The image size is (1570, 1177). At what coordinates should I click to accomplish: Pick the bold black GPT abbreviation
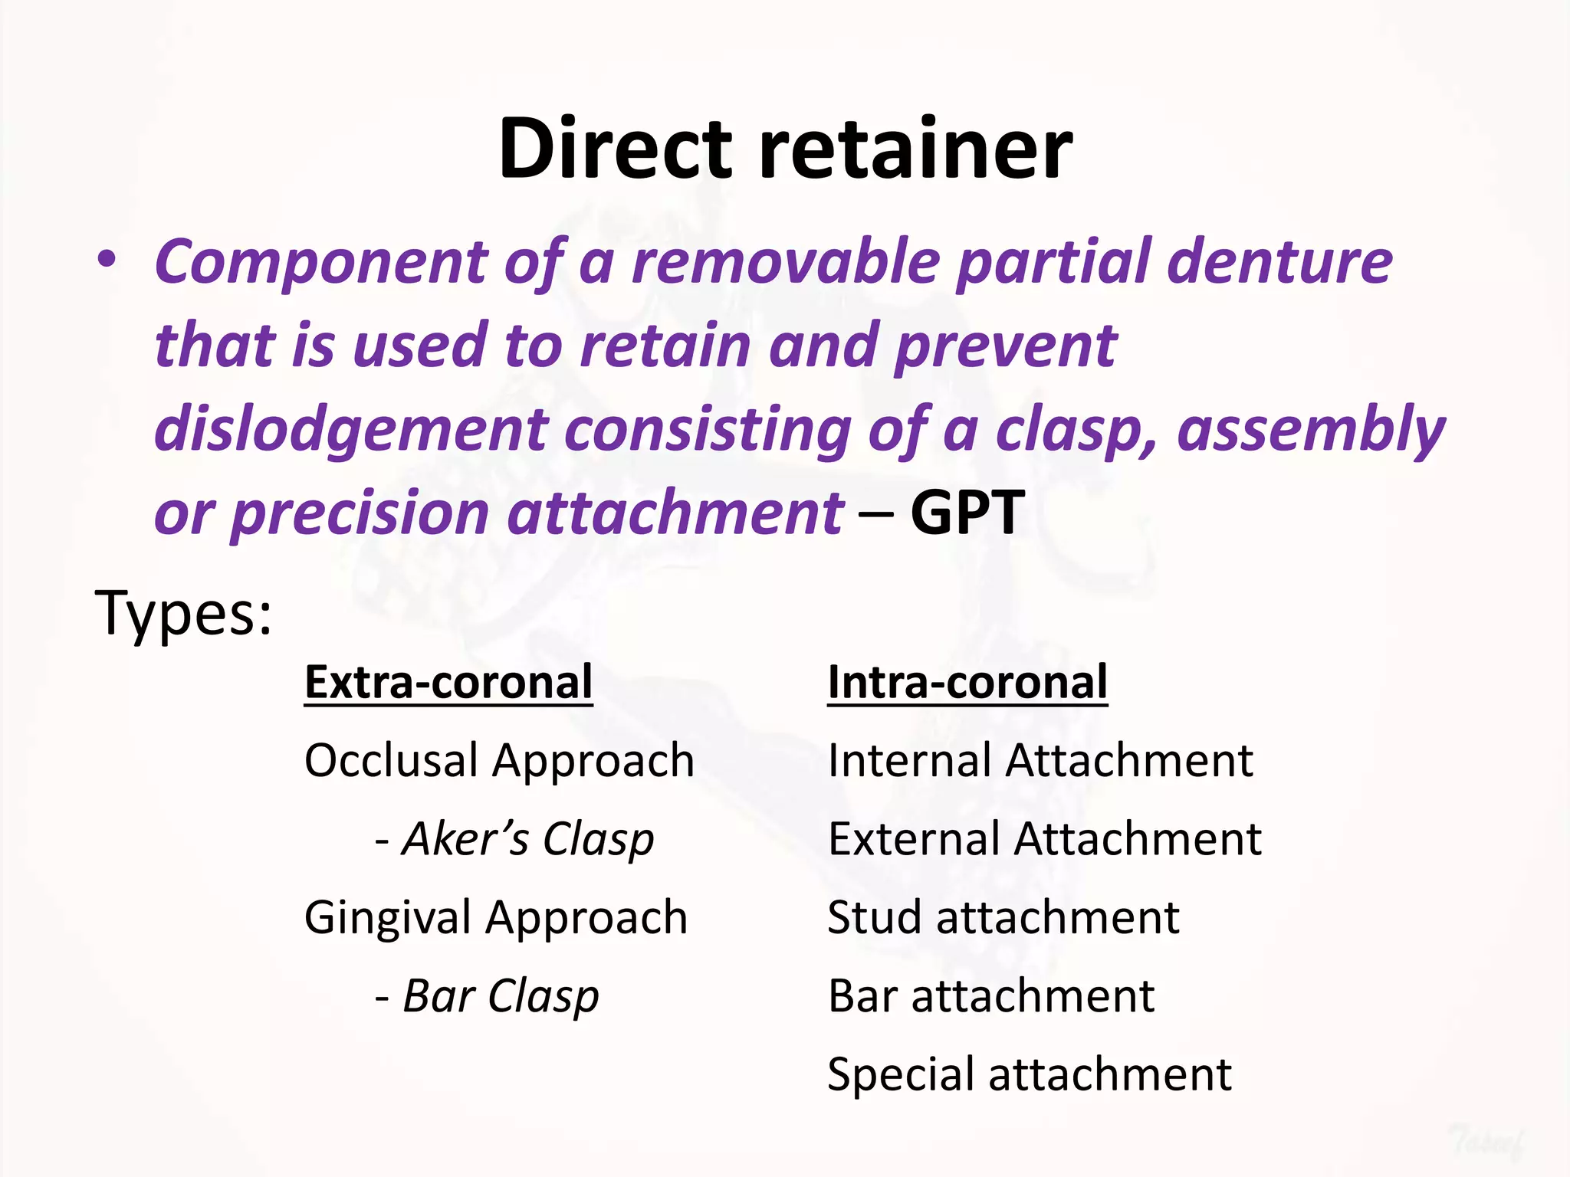pos(967,512)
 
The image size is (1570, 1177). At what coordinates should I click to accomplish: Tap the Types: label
pos(182,613)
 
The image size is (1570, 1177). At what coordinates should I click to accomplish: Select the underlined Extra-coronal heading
pos(448,682)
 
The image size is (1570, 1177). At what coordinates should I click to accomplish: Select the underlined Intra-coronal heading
pos(967,682)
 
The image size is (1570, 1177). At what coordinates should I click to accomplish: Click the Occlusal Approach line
pos(499,761)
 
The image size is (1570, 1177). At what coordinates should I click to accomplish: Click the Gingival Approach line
pos(496,918)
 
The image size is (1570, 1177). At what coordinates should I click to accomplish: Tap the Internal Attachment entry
pos(1040,761)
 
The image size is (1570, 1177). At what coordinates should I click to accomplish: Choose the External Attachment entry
pos(1044,839)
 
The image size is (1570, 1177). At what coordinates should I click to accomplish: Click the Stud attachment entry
pos(1003,918)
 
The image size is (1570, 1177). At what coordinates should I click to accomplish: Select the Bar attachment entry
pos(990,996)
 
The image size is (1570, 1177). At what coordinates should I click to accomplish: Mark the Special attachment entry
pos(1029,1074)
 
